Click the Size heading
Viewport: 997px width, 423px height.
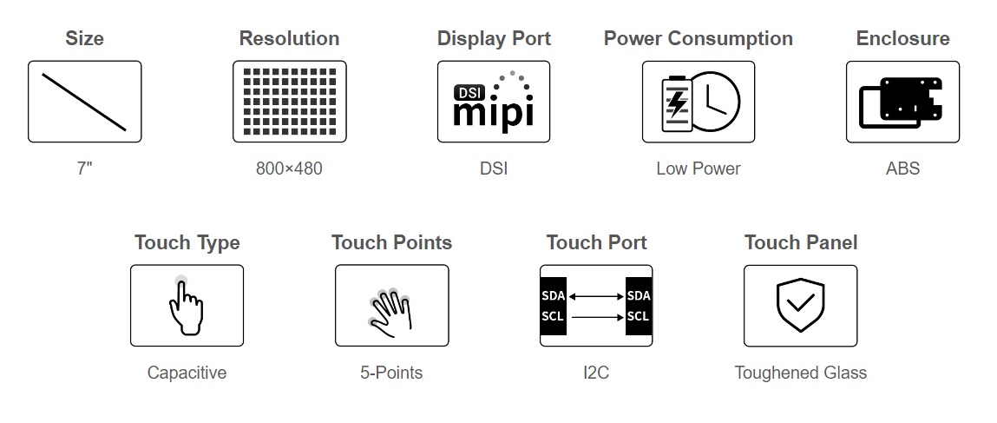(84, 38)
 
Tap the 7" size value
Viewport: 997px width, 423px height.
(84, 169)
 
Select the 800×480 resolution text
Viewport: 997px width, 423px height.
(289, 169)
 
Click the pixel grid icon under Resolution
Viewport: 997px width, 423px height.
(289, 102)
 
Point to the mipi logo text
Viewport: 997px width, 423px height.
(494, 112)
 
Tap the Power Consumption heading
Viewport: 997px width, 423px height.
(698, 38)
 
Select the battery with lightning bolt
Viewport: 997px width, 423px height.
(676, 102)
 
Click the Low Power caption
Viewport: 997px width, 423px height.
(698, 169)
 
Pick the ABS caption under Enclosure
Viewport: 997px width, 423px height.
(902, 169)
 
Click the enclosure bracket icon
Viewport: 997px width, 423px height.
(902, 102)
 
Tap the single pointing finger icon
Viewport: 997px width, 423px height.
(187, 306)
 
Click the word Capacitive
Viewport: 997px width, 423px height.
(187, 373)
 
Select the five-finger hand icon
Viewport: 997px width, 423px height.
(391, 308)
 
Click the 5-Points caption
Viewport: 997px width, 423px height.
(391, 373)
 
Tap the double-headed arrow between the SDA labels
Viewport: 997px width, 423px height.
(595, 296)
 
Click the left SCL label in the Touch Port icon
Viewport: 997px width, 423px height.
(553, 316)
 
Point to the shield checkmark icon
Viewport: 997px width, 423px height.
(800, 306)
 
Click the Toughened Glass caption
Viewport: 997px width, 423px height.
(800, 373)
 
